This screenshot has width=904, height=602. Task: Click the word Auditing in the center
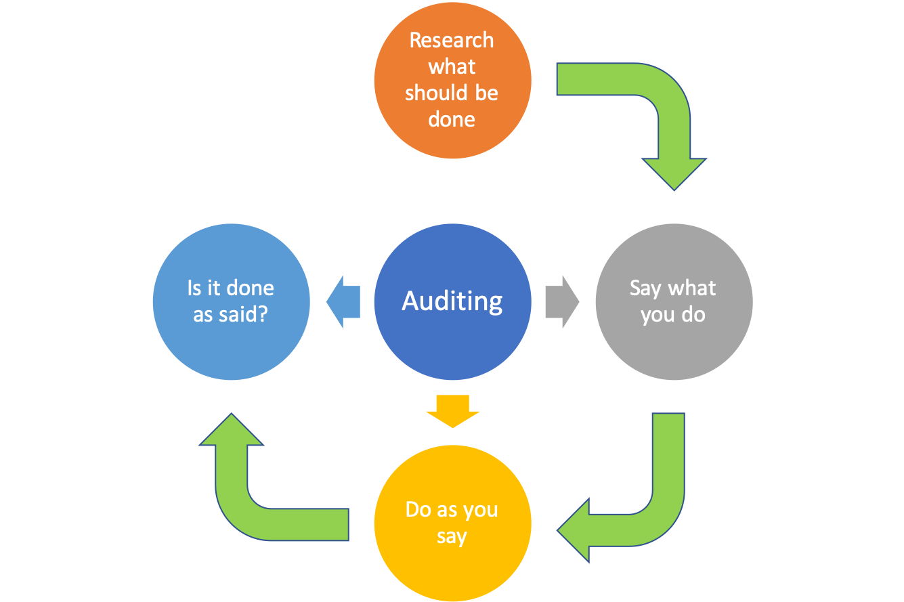click(x=452, y=301)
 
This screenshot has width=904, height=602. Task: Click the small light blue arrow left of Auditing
click(x=343, y=301)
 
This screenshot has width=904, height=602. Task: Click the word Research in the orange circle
click(x=452, y=40)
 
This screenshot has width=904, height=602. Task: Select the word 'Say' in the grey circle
click(x=645, y=288)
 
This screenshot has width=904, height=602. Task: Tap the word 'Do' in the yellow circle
click(x=417, y=509)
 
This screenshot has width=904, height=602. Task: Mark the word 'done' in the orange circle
click(x=452, y=119)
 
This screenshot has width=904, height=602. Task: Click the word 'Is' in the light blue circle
click(x=195, y=288)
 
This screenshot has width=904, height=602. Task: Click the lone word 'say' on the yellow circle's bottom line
click(x=452, y=537)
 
